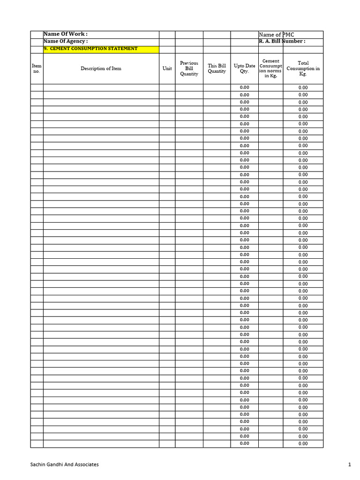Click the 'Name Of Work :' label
pos(66,34)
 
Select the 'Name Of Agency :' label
pos(66,41)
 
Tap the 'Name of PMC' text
pos(277,35)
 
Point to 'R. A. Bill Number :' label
pos(282,41)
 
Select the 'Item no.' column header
pos(37,68)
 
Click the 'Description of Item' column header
pos(101,68)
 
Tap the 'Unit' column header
pos(167,68)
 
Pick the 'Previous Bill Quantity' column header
pos(189,68)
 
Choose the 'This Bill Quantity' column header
pos(217,68)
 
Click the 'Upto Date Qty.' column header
pos(244,68)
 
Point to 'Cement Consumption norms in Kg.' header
pos(270,68)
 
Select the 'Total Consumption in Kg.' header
pos(303,68)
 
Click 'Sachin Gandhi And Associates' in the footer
pos(64,465)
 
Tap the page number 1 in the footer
pos(349,465)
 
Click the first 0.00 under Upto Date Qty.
pos(244,88)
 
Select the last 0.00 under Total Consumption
pos(303,443)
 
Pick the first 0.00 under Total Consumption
pos(303,88)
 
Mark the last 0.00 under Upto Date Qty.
pos(244,443)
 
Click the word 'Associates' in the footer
pos(87,465)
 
